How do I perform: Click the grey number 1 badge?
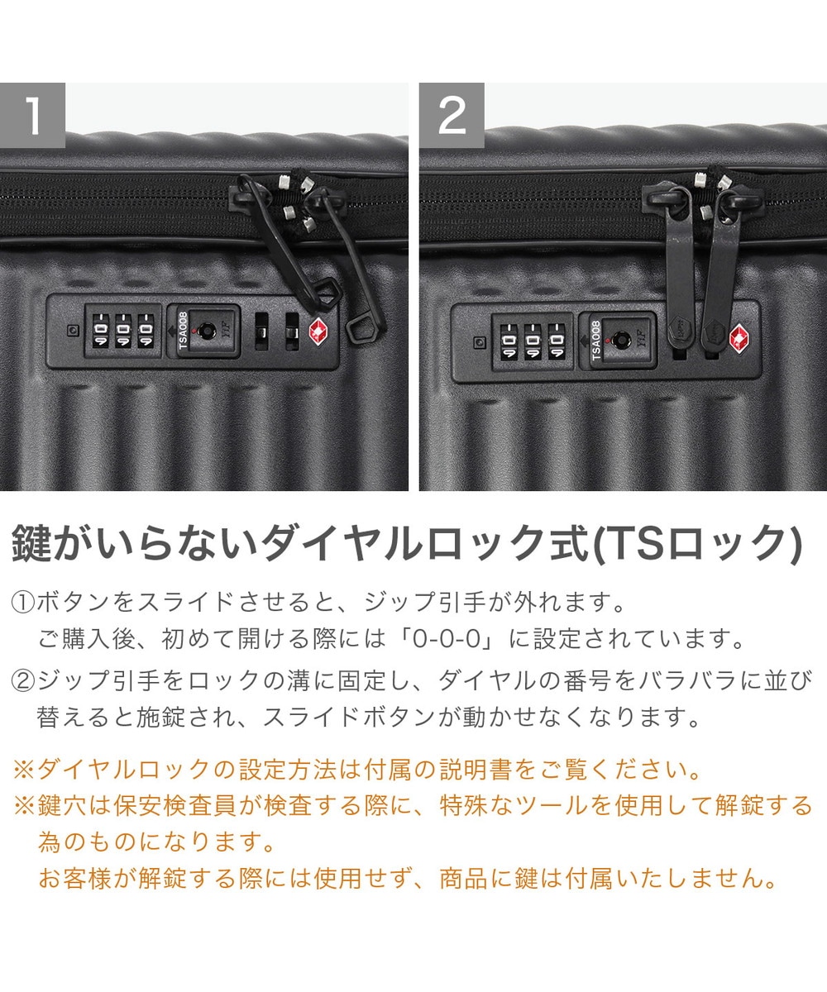click(x=32, y=115)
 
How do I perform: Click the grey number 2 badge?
click(x=452, y=115)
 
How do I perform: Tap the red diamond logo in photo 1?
click(x=319, y=331)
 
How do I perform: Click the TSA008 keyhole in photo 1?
click(x=206, y=330)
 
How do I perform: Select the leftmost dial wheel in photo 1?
click(x=101, y=331)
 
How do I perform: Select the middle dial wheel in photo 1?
click(x=123, y=331)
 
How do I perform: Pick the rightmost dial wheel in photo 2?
click(x=557, y=341)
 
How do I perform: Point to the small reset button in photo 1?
click(x=73, y=330)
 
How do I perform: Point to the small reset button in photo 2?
click(x=480, y=341)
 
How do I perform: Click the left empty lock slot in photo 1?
click(x=262, y=331)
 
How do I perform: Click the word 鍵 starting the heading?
click(x=31, y=543)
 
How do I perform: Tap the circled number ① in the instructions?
click(x=23, y=603)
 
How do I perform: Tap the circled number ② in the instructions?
click(x=23, y=681)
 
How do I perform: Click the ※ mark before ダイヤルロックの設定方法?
click(x=24, y=770)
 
